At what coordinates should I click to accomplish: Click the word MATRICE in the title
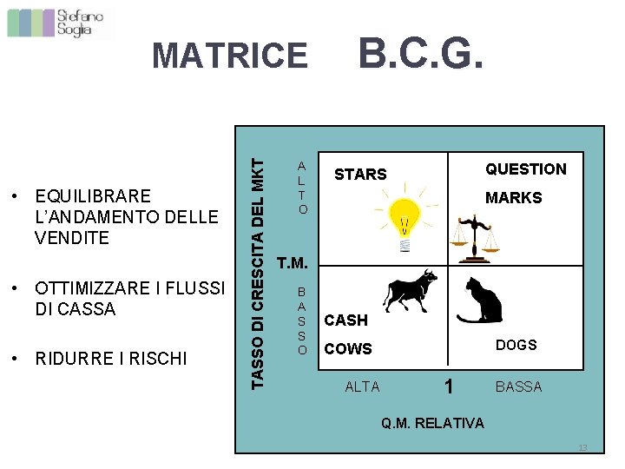pyautogui.click(x=229, y=56)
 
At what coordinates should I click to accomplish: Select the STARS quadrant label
pyautogui.click(x=360, y=175)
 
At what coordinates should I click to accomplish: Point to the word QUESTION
pyautogui.click(x=525, y=169)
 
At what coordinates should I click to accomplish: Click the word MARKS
pyautogui.click(x=513, y=198)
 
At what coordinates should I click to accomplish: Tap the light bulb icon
pyautogui.click(x=404, y=221)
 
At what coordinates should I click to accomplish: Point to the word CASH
pyautogui.click(x=345, y=320)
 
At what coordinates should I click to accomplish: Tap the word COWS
pyautogui.click(x=347, y=349)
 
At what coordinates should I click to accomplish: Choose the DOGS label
pyautogui.click(x=516, y=345)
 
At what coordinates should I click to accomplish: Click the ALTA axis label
pyautogui.click(x=362, y=387)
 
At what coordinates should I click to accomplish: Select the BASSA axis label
pyautogui.click(x=518, y=387)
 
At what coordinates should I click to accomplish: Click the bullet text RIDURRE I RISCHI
pyautogui.click(x=111, y=358)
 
